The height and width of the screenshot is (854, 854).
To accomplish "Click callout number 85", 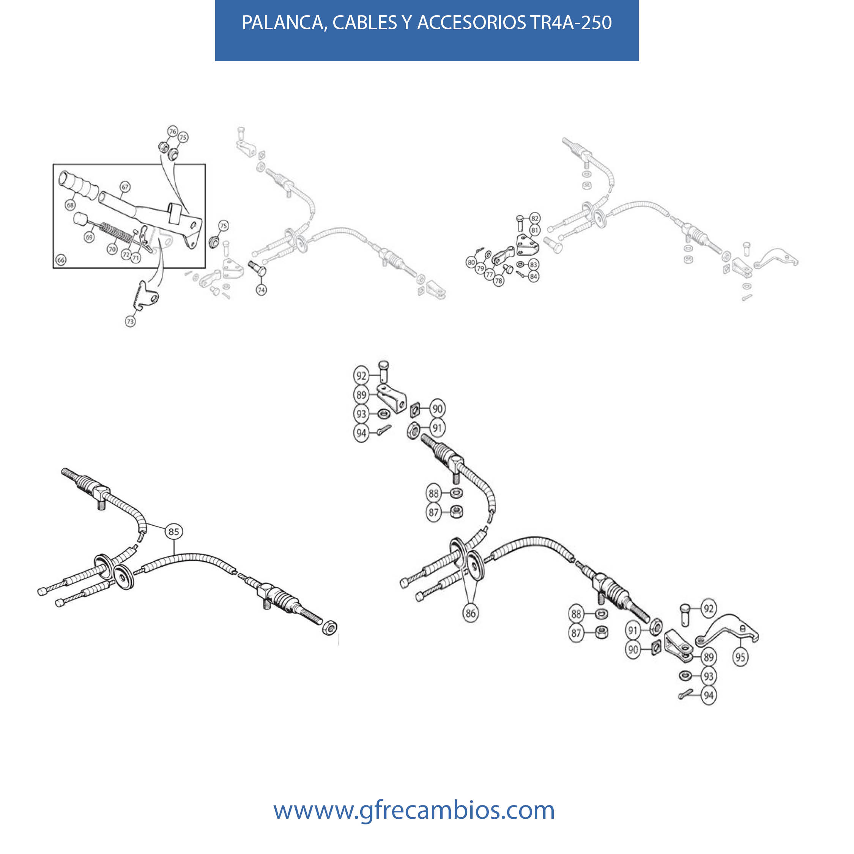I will pyautogui.click(x=174, y=531).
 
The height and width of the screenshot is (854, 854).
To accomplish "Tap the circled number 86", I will pyautogui.click(x=470, y=613).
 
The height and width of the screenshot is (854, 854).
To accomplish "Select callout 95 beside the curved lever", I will pyautogui.click(x=741, y=657).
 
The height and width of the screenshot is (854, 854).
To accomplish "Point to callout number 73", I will pyautogui.click(x=130, y=322).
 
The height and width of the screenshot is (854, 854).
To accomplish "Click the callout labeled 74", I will pyautogui.click(x=261, y=290).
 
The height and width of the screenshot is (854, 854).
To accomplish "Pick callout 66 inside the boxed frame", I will pyautogui.click(x=61, y=260).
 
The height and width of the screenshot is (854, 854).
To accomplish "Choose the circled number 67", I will pyautogui.click(x=125, y=187).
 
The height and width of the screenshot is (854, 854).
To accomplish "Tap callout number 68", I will pyautogui.click(x=70, y=205).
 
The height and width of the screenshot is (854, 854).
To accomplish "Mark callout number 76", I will pyautogui.click(x=173, y=131).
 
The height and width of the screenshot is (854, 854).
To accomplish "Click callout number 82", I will pyautogui.click(x=535, y=218).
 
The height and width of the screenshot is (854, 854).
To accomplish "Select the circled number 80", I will pyautogui.click(x=471, y=263).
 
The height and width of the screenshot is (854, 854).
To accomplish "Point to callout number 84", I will pyautogui.click(x=534, y=277).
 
